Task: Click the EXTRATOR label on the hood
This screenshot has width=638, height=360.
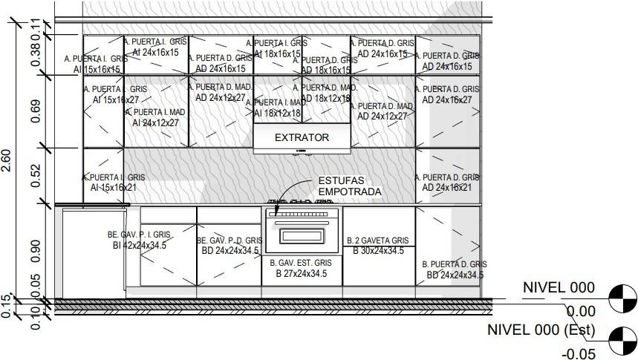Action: (x=302, y=137)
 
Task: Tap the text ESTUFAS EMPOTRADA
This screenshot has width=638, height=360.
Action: (x=349, y=186)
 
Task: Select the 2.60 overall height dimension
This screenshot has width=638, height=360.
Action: (x=6, y=162)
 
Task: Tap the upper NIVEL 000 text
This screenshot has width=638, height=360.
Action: (x=559, y=288)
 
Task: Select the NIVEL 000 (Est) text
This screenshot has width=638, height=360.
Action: (x=541, y=330)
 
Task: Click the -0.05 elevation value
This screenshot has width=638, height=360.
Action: (x=579, y=354)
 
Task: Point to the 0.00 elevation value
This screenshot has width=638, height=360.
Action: (x=581, y=312)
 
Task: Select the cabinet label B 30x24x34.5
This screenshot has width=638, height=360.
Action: (x=378, y=251)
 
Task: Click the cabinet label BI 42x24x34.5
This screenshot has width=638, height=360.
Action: (x=139, y=245)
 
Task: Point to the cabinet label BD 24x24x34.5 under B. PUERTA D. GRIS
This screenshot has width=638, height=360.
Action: (x=455, y=275)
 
